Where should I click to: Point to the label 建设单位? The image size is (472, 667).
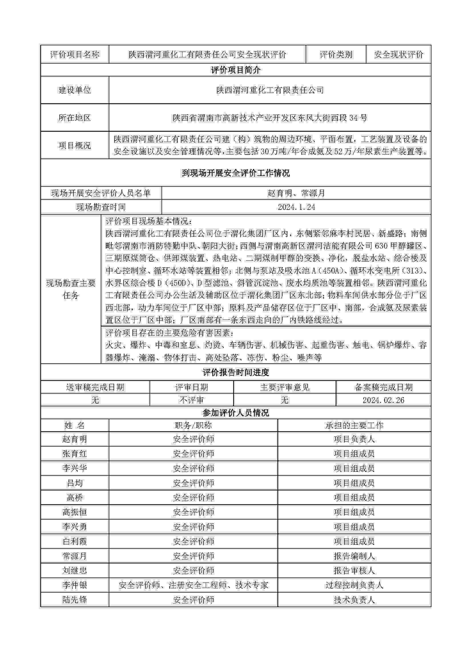click(75, 90)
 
